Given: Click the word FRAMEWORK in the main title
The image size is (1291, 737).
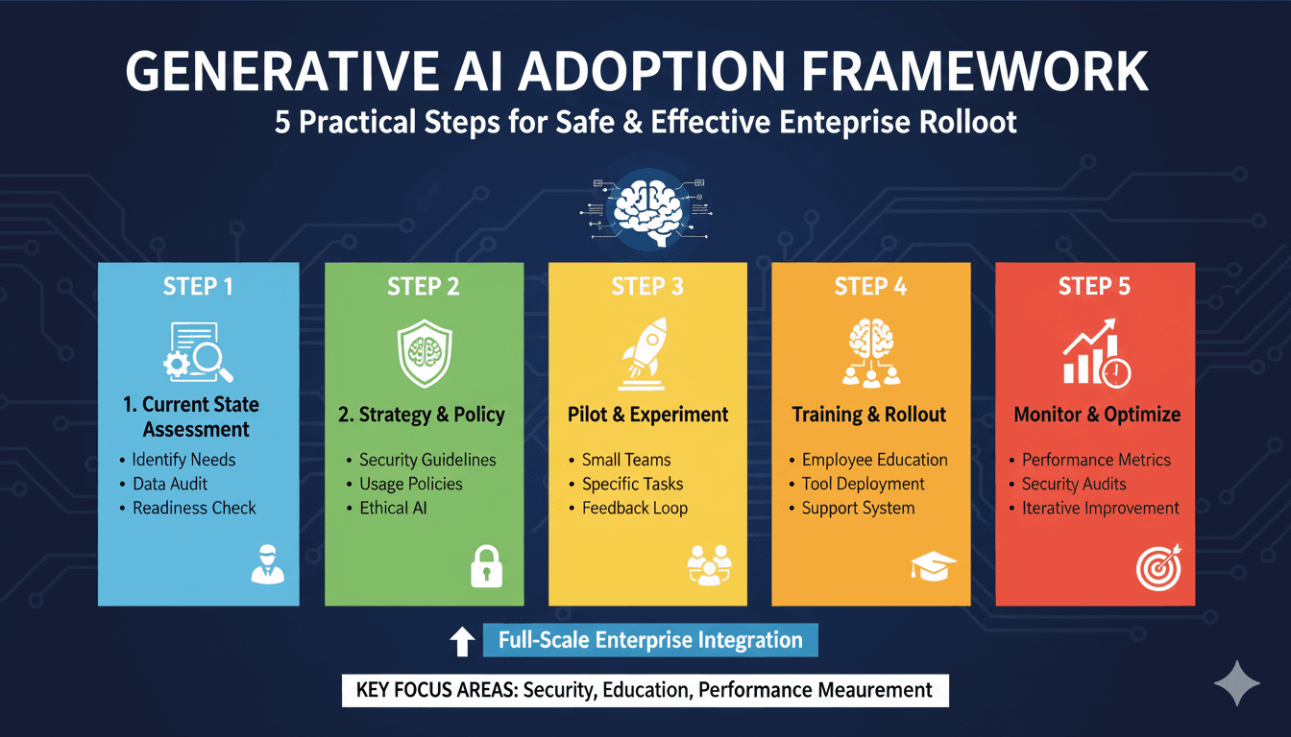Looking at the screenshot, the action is (975, 71).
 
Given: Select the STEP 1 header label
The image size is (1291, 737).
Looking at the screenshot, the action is (198, 286).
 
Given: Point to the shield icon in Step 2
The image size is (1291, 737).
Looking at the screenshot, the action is (425, 353).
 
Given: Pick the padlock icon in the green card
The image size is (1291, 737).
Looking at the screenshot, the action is (486, 566).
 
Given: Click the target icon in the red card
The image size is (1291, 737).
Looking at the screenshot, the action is (1159, 568).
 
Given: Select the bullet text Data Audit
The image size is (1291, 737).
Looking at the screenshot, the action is (170, 484).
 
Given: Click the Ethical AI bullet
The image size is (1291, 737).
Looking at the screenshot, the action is (393, 508).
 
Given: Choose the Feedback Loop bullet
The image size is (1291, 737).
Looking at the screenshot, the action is (635, 508).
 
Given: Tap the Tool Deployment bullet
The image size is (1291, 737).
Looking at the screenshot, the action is (863, 484).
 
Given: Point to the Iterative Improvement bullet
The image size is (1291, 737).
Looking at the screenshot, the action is (1100, 508).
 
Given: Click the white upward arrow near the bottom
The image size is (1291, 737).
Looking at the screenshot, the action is (462, 641).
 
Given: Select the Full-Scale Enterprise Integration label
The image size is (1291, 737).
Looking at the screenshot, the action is (650, 640).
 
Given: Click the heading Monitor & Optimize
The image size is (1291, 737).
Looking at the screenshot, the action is (1097, 415).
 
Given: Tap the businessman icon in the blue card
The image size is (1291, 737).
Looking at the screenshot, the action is (267, 564).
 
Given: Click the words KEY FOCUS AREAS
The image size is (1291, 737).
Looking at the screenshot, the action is (436, 690).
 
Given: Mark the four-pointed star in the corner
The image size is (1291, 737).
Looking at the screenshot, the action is (1237, 683).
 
